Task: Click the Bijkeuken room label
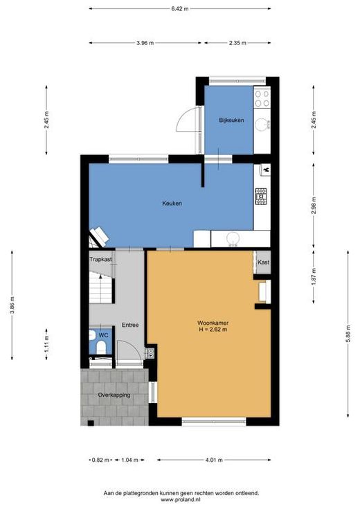click(x=231, y=120)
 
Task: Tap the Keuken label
click(x=172, y=203)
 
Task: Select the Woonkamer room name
click(x=213, y=323)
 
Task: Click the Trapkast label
click(x=100, y=260)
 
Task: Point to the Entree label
click(x=130, y=325)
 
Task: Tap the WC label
click(x=104, y=335)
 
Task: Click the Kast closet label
click(x=263, y=262)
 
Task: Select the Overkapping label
click(x=114, y=395)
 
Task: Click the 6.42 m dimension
click(x=180, y=9)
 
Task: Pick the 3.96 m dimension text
click(x=145, y=43)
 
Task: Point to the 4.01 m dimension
click(x=214, y=460)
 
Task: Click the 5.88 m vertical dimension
click(x=348, y=333)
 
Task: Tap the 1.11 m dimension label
click(x=46, y=343)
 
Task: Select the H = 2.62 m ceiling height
click(x=213, y=330)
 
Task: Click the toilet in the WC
click(x=101, y=348)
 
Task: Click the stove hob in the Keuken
click(x=261, y=197)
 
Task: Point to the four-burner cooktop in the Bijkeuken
click(x=262, y=98)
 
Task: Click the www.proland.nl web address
click(x=181, y=499)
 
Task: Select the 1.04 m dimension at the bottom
click(x=129, y=460)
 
